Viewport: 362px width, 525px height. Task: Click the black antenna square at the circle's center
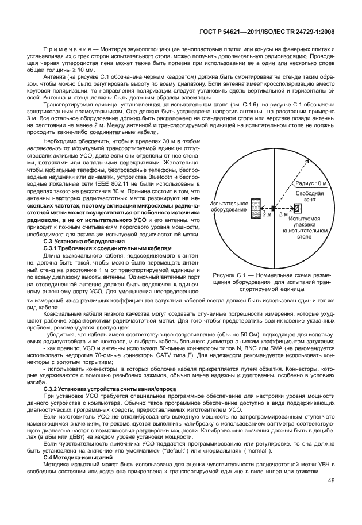click(273, 206)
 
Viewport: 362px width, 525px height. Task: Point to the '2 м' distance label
click(266, 214)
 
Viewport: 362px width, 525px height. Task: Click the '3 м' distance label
click(283, 214)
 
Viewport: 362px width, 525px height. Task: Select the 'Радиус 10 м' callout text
click(311, 183)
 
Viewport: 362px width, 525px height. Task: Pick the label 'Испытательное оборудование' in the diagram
click(228, 207)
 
